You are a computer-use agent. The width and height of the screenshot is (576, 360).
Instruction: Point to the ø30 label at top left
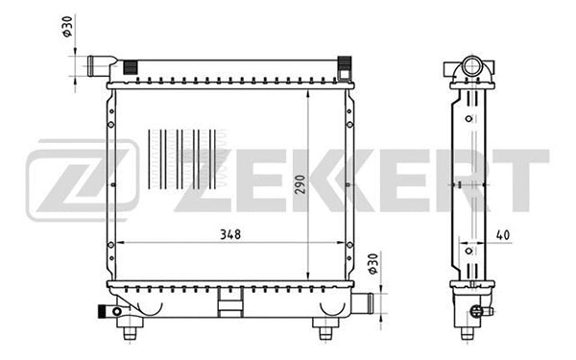coord(68,28)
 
